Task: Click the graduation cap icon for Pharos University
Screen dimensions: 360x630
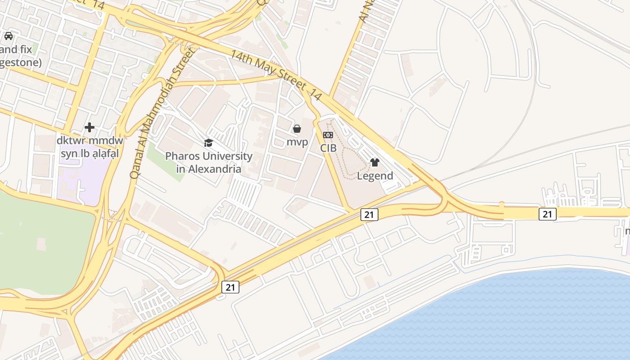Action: pos(208,143)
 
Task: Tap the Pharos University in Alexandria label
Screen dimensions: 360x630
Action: pos(209,162)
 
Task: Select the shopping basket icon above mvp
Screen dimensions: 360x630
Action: pos(297,129)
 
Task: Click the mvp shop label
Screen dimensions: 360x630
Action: pos(297,142)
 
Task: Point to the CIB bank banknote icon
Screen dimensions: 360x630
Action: pos(328,135)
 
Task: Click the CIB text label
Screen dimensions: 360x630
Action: pos(328,148)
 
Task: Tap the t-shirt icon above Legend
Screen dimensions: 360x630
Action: pos(375,162)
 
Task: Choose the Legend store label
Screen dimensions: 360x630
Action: pos(375,176)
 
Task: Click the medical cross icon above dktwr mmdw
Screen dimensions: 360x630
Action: pos(90,127)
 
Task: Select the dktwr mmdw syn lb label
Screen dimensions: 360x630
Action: pos(90,147)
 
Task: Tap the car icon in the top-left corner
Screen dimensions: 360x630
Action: pos(9,36)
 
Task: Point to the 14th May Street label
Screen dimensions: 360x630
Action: pos(276,75)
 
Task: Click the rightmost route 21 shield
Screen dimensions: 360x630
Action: pos(547,214)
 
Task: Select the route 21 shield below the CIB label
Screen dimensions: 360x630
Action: pos(369,215)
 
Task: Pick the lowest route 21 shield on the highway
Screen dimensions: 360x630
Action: pos(230,287)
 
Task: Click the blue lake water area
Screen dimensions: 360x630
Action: pos(517,315)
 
